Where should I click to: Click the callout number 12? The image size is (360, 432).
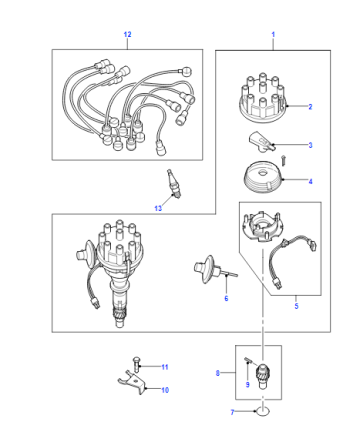[x=127, y=34]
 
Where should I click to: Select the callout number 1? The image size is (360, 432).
[x=273, y=34]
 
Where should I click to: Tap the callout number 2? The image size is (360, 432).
[x=310, y=107]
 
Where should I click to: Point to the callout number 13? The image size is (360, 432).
[x=158, y=208]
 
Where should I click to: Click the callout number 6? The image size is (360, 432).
[x=226, y=298]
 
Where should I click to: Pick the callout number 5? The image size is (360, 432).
[x=296, y=306]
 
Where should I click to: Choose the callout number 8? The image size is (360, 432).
[x=218, y=373]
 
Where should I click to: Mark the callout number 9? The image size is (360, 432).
[x=247, y=385]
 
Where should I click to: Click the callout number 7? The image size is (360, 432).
[x=232, y=412]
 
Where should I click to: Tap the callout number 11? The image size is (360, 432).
[x=165, y=367]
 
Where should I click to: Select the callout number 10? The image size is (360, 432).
[x=165, y=390]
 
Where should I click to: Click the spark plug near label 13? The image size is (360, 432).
[x=174, y=184]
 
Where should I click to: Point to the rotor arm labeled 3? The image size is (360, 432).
[x=262, y=143]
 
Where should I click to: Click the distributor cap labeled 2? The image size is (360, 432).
[x=263, y=97]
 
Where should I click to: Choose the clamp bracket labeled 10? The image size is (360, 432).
[x=133, y=383]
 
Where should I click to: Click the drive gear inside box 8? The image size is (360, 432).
[x=263, y=376]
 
